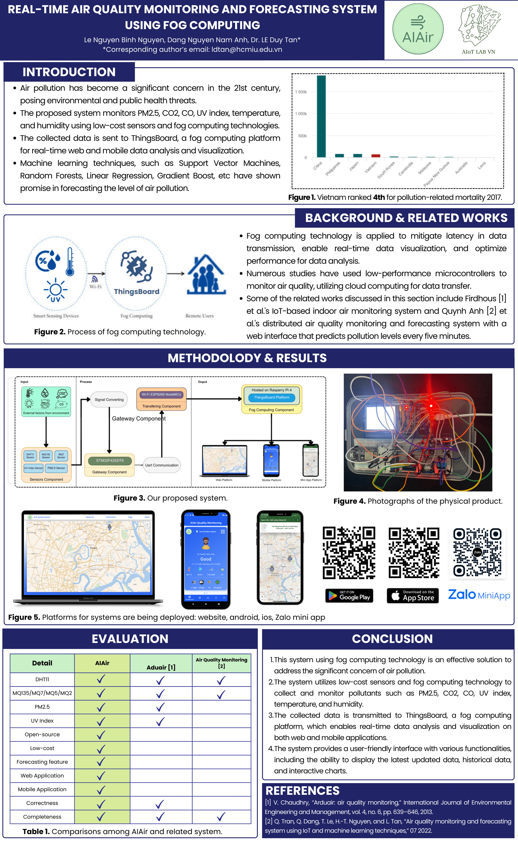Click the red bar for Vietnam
(376, 156)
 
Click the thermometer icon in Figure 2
(70, 262)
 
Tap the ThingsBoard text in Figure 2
(136, 292)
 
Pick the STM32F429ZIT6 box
(110, 460)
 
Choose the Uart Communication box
(162, 465)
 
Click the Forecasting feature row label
(42, 762)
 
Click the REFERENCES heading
(302, 790)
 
